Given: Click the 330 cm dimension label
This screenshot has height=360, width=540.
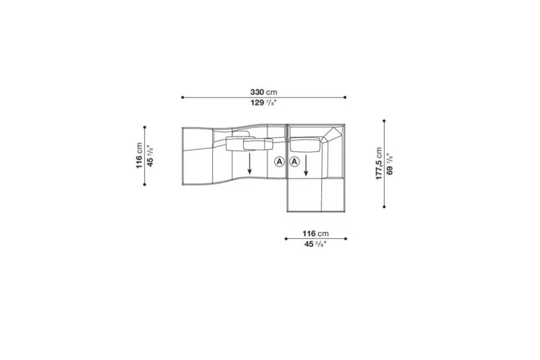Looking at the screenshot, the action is (x=263, y=92).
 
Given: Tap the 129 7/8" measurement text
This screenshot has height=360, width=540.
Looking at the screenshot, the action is (x=263, y=103).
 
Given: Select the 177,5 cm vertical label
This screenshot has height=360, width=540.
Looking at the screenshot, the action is (x=379, y=164).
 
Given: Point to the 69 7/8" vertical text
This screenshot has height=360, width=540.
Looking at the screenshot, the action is (x=389, y=164).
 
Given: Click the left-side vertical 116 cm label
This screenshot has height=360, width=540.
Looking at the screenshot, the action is (x=139, y=156).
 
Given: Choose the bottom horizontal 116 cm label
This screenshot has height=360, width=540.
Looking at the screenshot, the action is (x=316, y=233).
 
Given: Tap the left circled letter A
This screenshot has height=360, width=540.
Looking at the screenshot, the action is (x=279, y=161).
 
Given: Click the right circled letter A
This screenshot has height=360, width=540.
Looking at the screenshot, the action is (x=294, y=161).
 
